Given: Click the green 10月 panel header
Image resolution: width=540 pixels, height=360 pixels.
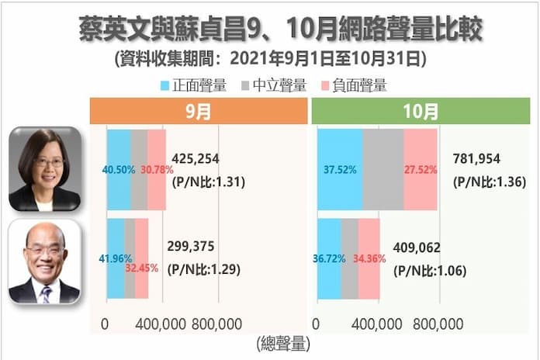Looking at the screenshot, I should (421, 111).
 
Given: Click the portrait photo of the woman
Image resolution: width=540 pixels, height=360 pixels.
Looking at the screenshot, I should (44, 168).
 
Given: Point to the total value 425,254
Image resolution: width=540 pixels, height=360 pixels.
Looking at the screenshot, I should (197, 158).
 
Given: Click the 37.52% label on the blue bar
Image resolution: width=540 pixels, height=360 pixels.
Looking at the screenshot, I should (340, 169).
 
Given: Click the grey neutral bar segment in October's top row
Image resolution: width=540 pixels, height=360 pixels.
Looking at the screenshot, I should (382, 169).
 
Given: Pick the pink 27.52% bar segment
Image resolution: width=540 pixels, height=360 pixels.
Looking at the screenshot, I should (421, 169).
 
